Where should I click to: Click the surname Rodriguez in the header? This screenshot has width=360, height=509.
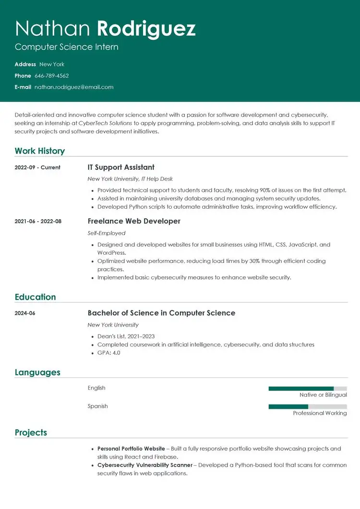click(146, 29)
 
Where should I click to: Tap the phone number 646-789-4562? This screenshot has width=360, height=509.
click(51, 76)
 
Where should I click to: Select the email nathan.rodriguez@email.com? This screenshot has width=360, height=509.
click(74, 87)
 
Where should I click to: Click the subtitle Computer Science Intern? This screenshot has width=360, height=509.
click(66, 47)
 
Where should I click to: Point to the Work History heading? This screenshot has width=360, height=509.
click(39, 151)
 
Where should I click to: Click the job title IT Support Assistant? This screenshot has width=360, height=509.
click(121, 167)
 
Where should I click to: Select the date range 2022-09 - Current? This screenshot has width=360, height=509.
click(37, 167)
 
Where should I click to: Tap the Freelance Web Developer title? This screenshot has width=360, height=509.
click(134, 221)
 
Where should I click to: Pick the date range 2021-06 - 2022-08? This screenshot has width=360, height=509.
click(38, 221)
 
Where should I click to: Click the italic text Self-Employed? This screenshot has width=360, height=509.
click(106, 233)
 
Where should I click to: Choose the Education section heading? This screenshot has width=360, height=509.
click(35, 297)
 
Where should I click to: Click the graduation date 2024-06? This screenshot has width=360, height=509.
click(25, 313)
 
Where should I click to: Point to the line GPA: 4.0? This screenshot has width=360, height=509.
click(108, 353)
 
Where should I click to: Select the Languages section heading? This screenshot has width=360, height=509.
click(37, 372)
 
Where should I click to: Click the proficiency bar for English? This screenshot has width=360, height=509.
click(307, 389)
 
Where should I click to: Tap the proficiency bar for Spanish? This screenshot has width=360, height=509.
click(307, 407)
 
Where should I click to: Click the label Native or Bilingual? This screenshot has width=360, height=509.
click(323, 395)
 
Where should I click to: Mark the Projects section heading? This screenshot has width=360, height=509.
click(31, 433)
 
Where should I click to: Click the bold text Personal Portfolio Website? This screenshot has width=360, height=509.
click(131, 449)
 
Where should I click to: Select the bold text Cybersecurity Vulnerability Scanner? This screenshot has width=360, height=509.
click(144, 465)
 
